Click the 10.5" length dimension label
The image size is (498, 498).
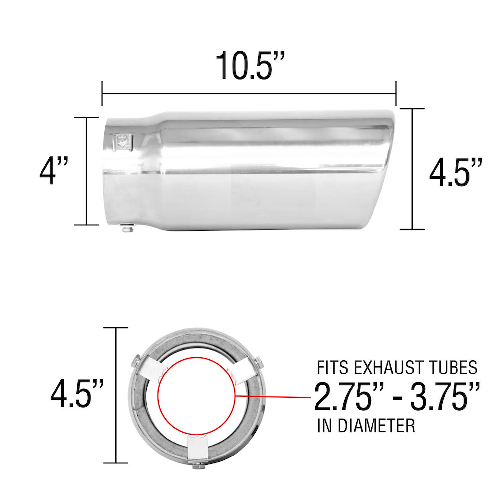click(x=245, y=65)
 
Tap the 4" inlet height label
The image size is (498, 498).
click(x=53, y=171)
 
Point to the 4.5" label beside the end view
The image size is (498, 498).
click(x=77, y=394)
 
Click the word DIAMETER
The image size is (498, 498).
click(x=376, y=426)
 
